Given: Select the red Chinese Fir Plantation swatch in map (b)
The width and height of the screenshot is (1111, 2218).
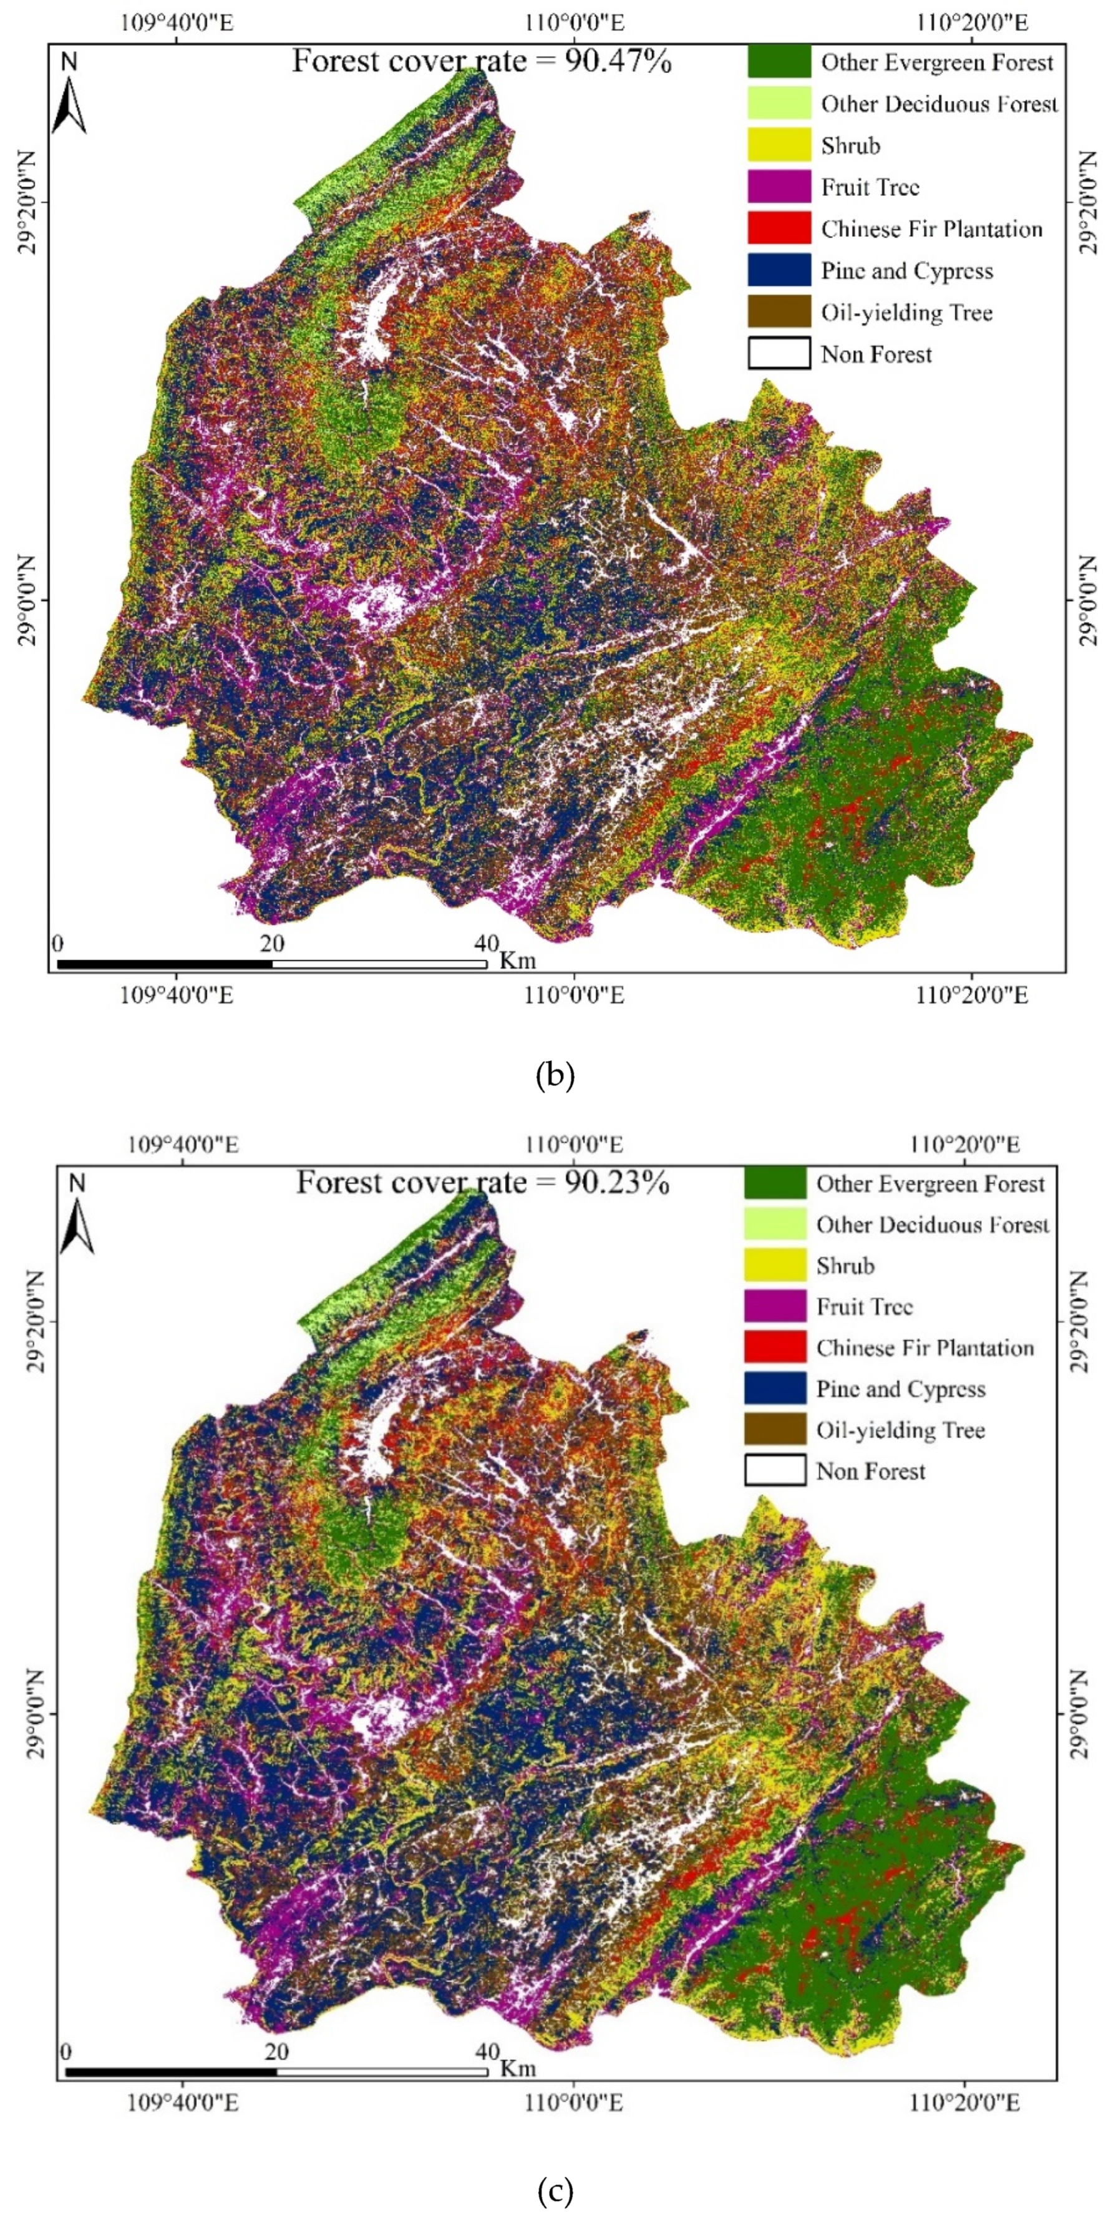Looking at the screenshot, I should click(x=779, y=229).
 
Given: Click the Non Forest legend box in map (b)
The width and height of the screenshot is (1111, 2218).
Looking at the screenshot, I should click(x=779, y=354).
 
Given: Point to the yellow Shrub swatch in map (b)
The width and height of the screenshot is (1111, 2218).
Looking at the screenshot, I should click(x=779, y=145).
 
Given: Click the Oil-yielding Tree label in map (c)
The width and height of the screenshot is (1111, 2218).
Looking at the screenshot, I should click(x=900, y=1430).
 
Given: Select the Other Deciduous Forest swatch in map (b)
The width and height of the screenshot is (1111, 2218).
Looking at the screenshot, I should click(x=779, y=104).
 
